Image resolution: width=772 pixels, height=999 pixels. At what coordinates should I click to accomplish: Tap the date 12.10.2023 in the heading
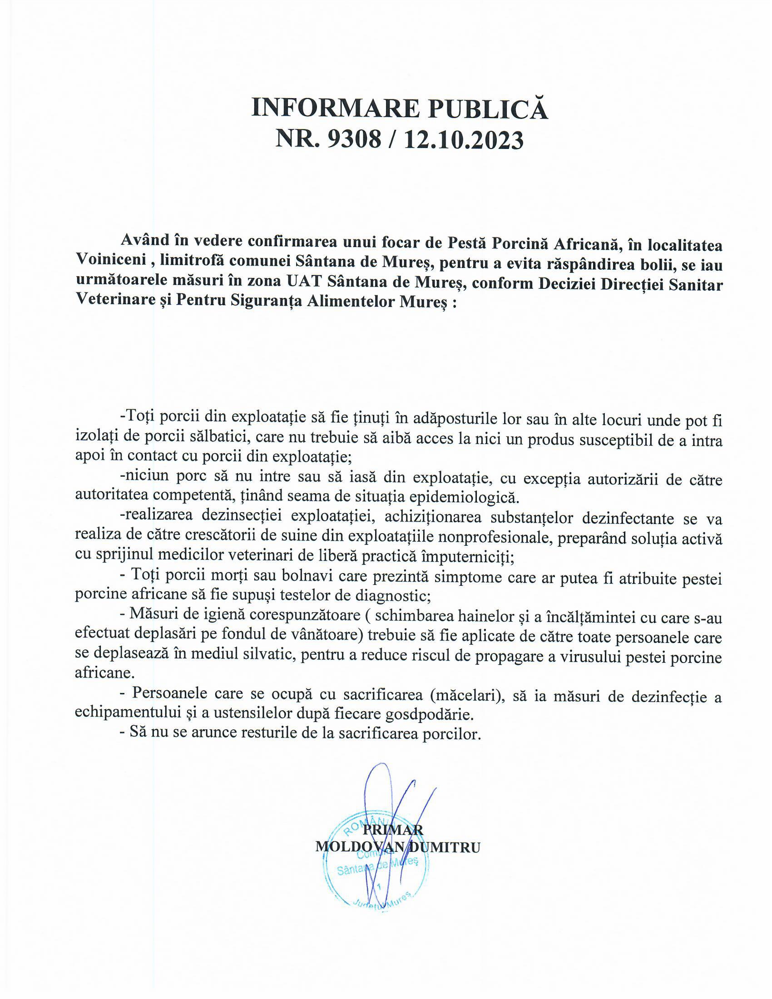[463, 140]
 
